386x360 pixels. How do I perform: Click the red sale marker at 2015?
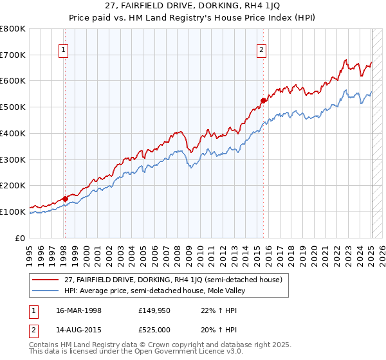click(263, 100)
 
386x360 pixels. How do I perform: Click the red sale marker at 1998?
click(65, 199)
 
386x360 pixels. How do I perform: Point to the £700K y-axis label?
click(13, 55)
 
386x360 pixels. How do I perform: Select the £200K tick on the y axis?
click(13, 185)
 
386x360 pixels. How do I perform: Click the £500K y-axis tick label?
click(13, 107)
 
